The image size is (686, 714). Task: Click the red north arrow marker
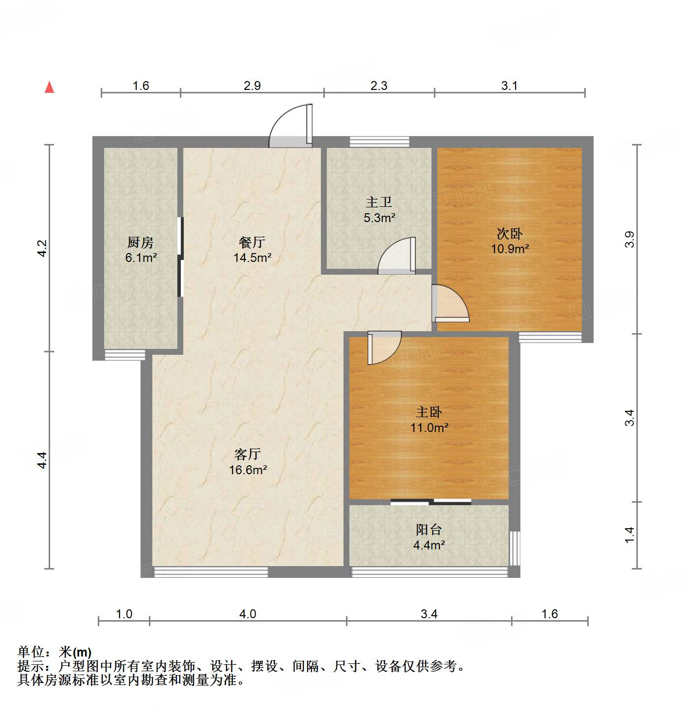(x=49, y=87)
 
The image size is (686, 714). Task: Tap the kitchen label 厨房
(x=141, y=242)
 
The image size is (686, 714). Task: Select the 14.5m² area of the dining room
(x=252, y=257)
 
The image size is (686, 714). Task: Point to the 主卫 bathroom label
(x=379, y=202)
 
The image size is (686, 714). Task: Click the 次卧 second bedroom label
(x=510, y=233)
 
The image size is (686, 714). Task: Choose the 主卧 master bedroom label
(x=429, y=412)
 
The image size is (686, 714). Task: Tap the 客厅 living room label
(x=248, y=454)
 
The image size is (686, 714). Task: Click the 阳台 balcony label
(x=429, y=529)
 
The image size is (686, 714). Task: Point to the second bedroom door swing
(x=450, y=305)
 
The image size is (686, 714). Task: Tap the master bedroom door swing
(x=383, y=348)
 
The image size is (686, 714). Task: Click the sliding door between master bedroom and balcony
(x=431, y=502)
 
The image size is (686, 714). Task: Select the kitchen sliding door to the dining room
(x=180, y=257)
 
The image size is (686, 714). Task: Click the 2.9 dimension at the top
(x=252, y=86)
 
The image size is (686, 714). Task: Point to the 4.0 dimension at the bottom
(x=248, y=614)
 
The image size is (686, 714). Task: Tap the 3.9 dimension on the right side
(x=629, y=239)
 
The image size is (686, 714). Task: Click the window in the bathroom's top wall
(x=379, y=142)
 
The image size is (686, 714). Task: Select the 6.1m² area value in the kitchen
(x=141, y=257)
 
